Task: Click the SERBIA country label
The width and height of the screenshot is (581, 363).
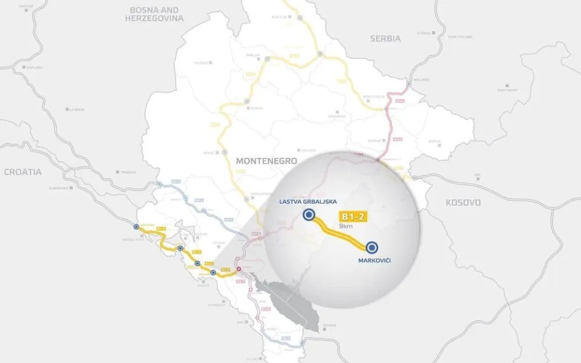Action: click(x=385, y=39)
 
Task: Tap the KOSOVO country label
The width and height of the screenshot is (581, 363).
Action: click(x=463, y=203)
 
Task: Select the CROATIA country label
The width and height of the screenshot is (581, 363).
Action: click(x=23, y=172)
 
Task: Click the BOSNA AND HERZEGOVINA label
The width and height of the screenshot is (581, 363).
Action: click(x=154, y=14)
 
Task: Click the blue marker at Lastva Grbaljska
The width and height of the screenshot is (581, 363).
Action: click(x=309, y=216)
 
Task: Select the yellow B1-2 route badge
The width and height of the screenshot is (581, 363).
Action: click(x=354, y=217)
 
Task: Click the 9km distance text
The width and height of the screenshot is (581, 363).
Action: click(x=346, y=227)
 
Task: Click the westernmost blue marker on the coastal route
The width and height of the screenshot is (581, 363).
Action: click(x=136, y=227)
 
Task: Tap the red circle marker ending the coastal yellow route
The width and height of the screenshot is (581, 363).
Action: click(x=238, y=269)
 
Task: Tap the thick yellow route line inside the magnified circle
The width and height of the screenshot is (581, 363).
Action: click(x=340, y=233)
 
